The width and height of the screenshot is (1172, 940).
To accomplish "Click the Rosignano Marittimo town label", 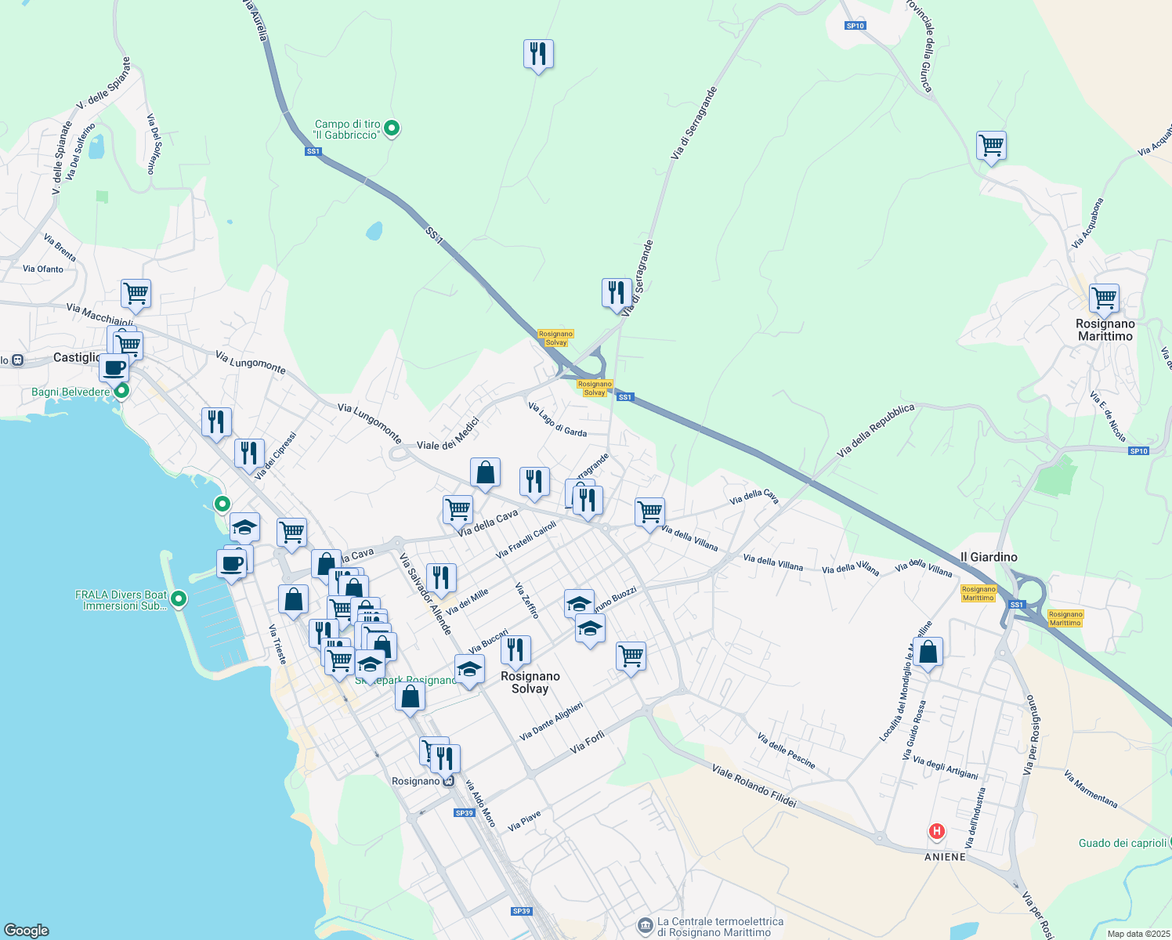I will click(x=1105, y=330).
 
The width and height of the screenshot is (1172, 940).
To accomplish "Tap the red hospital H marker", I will click(x=936, y=831).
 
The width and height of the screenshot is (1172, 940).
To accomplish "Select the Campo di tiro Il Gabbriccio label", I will click(x=347, y=129).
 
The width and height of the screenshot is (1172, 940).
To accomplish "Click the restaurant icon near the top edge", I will click(x=538, y=54).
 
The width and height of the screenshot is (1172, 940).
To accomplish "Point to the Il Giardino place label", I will click(x=989, y=557).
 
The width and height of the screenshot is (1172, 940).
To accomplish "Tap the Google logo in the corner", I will click(x=26, y=931).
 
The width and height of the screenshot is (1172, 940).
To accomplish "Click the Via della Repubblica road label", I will click(x=875, y=431).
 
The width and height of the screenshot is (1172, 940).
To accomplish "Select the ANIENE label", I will click(x=945, y=857).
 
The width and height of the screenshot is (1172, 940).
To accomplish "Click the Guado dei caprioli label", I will click(x=1123, y=843).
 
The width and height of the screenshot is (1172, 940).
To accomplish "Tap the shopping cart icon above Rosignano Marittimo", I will click(x=1104, y=298).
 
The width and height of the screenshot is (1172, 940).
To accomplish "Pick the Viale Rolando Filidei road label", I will click(x=754, y=786).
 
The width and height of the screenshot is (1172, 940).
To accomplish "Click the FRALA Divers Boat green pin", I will click(x=179, y=599).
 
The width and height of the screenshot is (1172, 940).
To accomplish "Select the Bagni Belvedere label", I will click(x=71, y=392).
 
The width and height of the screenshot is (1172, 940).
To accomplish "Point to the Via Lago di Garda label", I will click(x=557, y=420).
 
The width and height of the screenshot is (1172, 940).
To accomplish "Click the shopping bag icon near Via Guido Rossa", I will click(x=928, y=652).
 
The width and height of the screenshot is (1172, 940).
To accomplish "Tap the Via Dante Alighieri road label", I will click(x=552, y=721).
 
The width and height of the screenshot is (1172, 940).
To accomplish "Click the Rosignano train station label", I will click(x=416, y=781).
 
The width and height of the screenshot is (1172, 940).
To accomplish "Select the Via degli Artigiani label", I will click(x=946, y=768).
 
